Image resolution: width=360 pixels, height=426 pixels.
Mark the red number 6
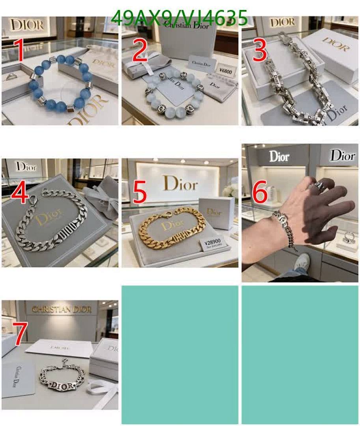point(259,192)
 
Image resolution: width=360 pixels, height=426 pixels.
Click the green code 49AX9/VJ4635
point(179,18)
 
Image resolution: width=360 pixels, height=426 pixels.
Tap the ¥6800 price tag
point(226,71)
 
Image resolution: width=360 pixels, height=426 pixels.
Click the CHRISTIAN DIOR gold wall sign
point(62,309)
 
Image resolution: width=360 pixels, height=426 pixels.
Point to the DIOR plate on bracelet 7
point(62,385)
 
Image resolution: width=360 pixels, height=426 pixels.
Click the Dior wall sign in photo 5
point(180,183)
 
